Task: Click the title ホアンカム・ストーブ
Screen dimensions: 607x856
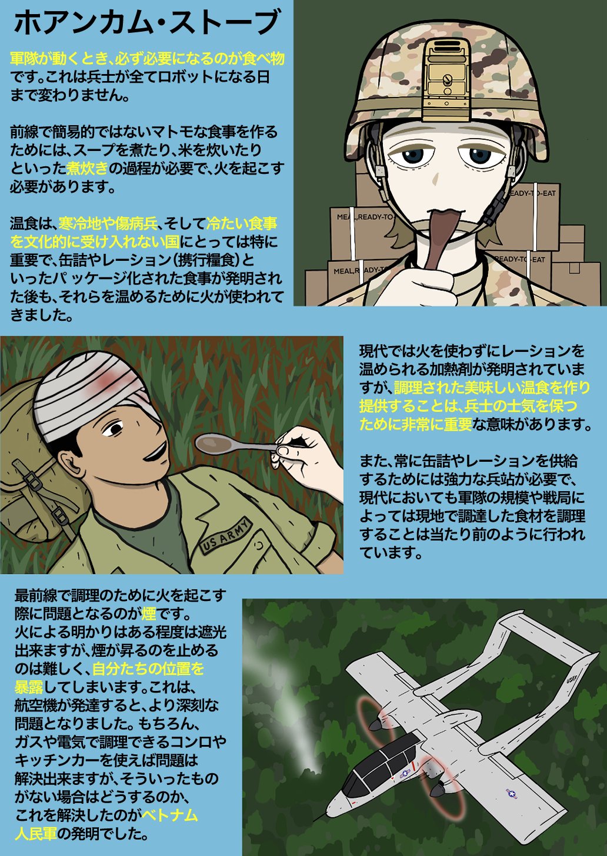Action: coord(146,23)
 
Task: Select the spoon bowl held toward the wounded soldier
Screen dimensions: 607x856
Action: coord(215,444)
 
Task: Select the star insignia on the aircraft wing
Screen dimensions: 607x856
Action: coord(512,794)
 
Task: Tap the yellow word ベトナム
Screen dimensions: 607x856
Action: coord(170,815)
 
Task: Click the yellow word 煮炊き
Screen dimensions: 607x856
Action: coord(87,168)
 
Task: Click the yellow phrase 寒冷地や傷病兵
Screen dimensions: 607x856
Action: coord(108,223)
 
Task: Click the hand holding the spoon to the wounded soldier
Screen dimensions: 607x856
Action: coord(306,455)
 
